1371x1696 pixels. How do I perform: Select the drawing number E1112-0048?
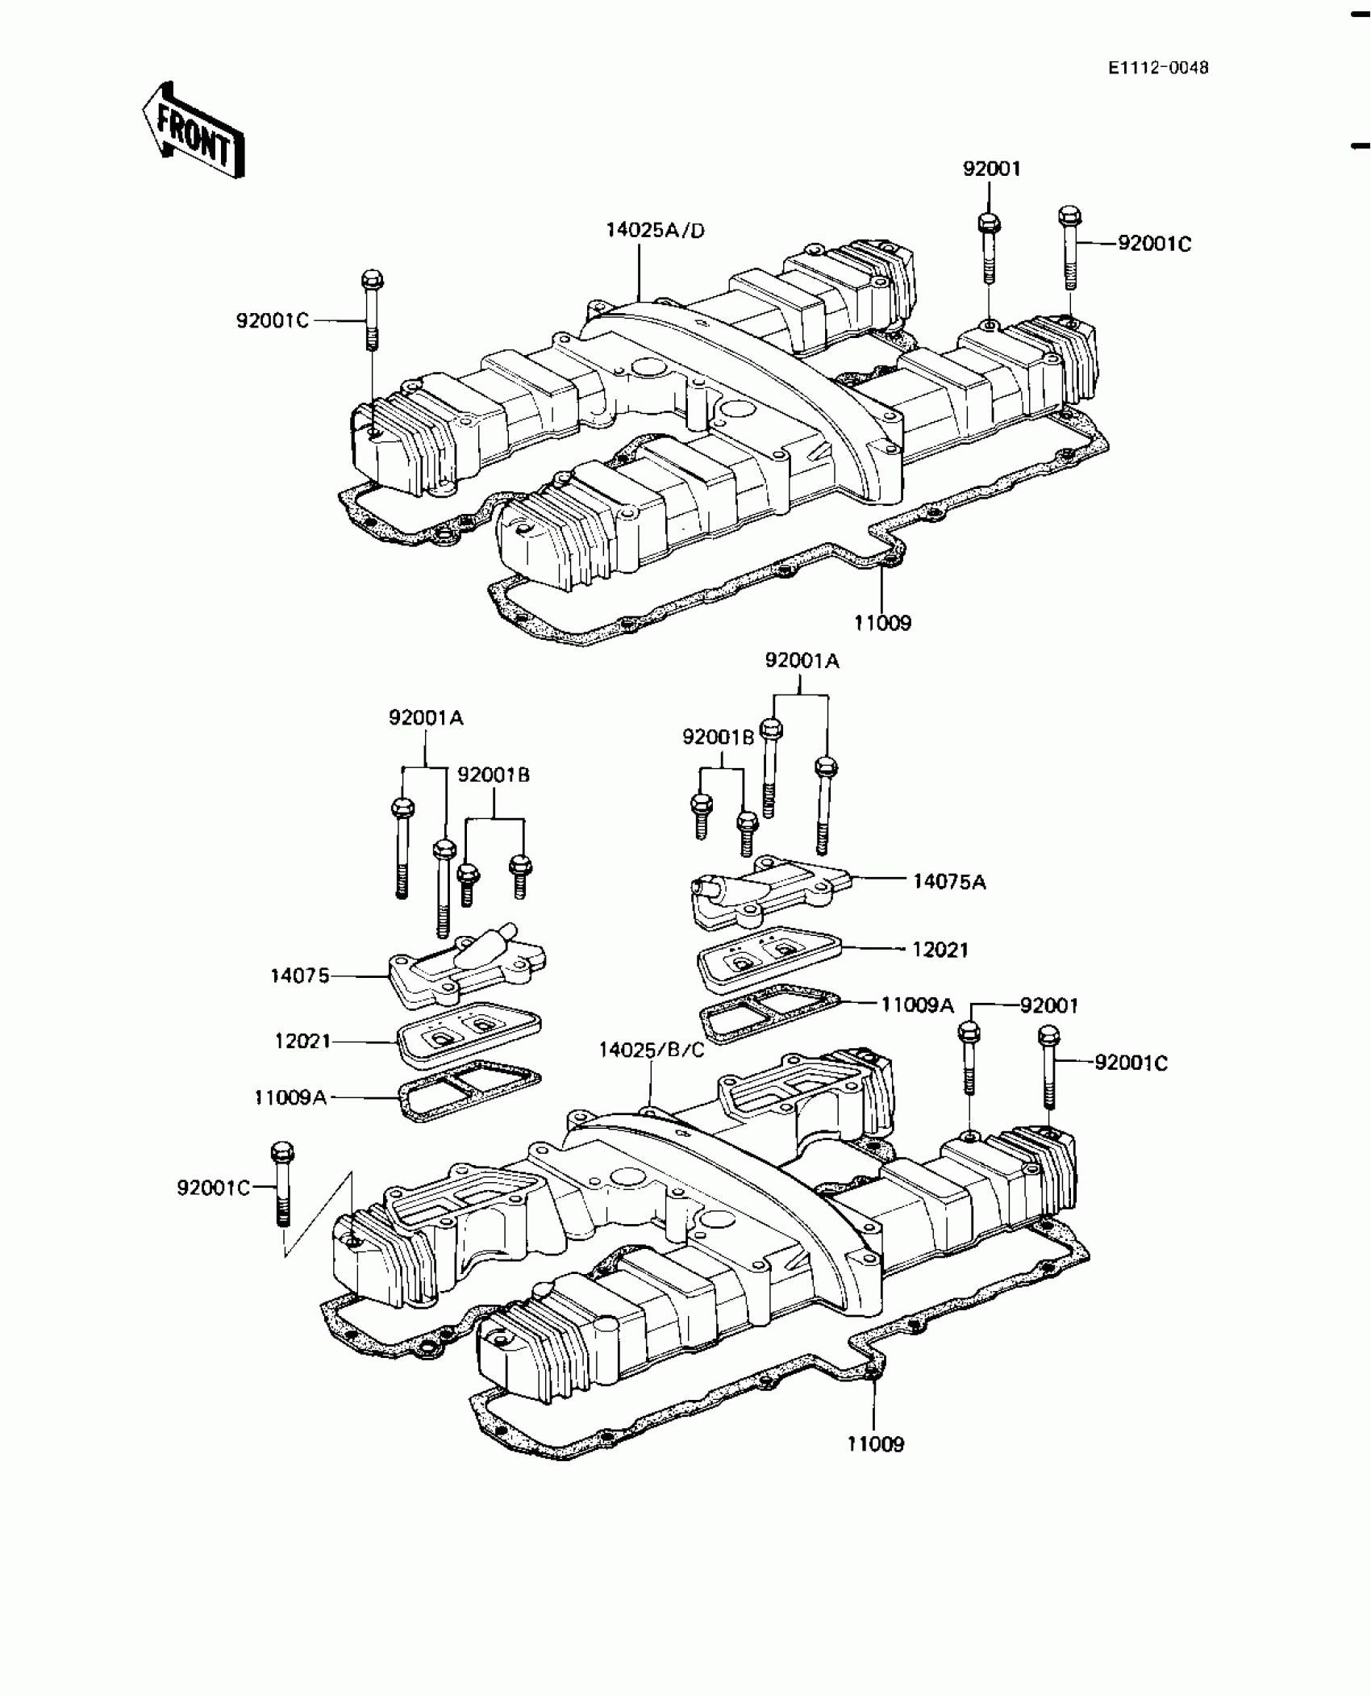point(1158,68)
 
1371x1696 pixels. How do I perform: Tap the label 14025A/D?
point(655,231)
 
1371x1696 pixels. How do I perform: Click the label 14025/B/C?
point(652,1050)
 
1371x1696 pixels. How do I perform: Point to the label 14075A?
point(949,881)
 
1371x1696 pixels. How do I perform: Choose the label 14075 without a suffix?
point(299,976)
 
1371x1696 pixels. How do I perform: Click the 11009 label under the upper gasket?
point(882,623)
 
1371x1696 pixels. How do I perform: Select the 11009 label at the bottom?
point(875,1444)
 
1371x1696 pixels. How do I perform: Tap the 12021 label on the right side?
point(940,950)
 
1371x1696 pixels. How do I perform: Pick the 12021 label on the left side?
point(302,1042)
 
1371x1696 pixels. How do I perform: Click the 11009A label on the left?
point(290,1097)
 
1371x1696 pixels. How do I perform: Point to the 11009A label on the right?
point(917,1005)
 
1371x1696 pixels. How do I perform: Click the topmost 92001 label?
point(991,169)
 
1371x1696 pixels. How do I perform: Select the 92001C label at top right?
point(1154,244)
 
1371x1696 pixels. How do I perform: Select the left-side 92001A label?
point(426,717)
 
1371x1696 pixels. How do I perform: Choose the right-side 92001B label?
point(718,737)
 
